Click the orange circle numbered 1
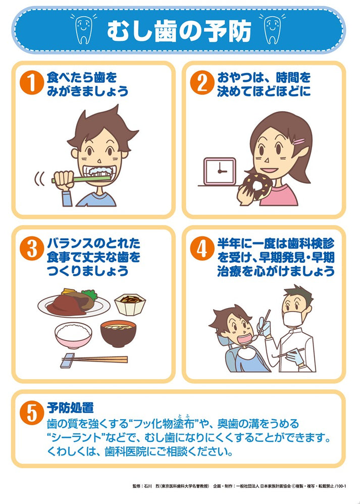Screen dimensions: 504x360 point(31,83)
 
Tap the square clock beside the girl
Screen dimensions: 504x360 point(220,171)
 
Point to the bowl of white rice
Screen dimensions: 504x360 point(74,335)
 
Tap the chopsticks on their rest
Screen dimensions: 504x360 point(93,360)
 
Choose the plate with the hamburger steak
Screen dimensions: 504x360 point(74,303)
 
